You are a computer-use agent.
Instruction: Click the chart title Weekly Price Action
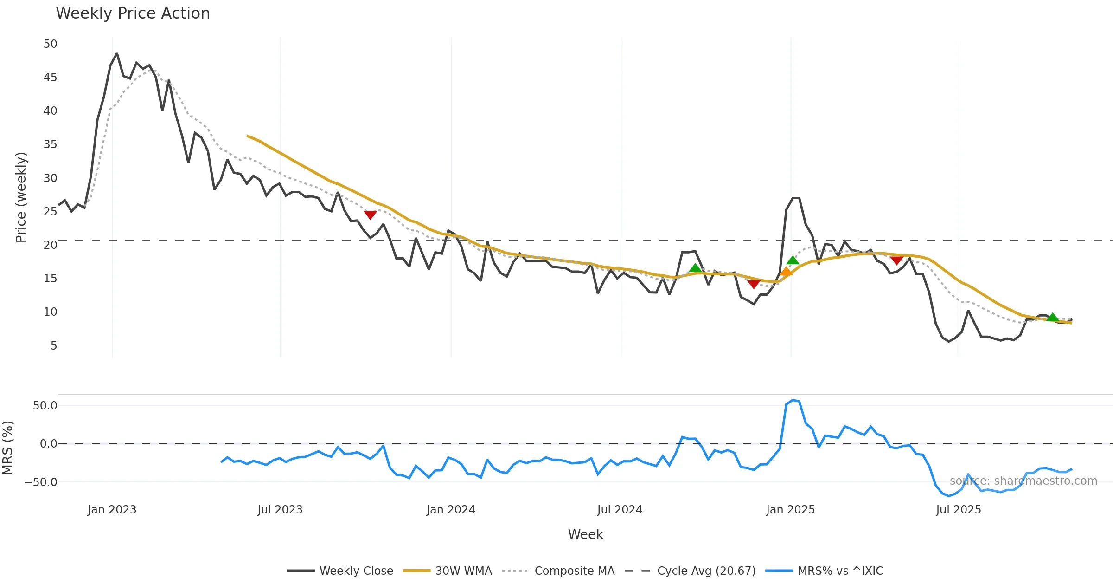(x=133, y=13)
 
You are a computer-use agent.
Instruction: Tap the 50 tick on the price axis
(x=51, y=44)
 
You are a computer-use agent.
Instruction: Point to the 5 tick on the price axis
(x=54, y=346)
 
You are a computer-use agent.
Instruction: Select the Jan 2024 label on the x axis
(x=451, y=510)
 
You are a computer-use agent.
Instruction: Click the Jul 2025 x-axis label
(x=959, y=510)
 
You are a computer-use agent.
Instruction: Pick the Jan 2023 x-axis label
(x=112, y=510)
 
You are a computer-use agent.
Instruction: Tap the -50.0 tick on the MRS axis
(x=41, y=482)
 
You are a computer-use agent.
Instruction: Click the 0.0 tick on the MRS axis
(x=49, y=444)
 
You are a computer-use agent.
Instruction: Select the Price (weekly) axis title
(x=21, y=197)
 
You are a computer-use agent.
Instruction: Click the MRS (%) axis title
(x=8, y=448)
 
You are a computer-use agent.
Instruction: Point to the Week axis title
(x=585, y=535)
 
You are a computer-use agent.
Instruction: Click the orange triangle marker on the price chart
(x=787, y=272)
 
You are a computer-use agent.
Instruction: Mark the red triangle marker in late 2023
(x=370, y=214)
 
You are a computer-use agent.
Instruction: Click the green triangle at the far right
(x=1053, y=318)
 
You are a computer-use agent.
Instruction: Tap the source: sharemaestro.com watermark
(x=1023, y=481)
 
